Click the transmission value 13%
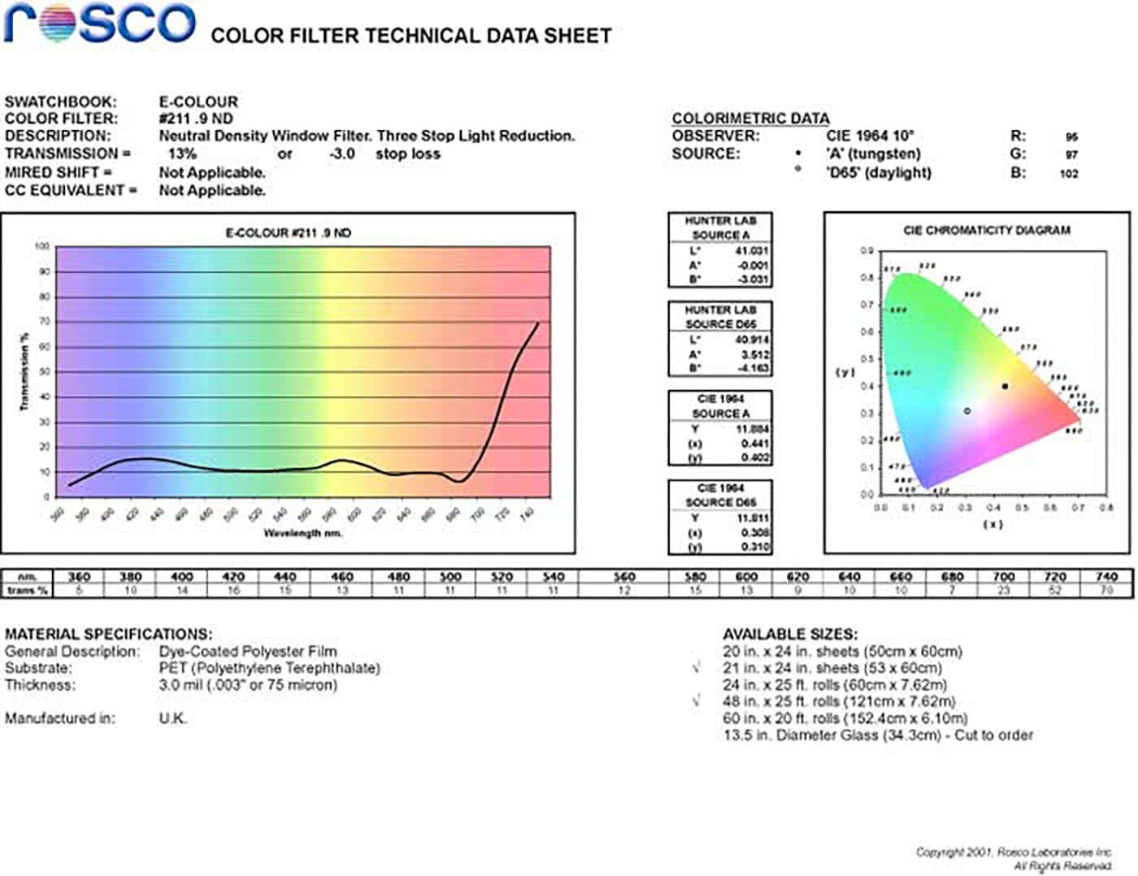pyautogui.click(x=182, y=154)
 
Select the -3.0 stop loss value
pyautogui.click(x=342, y=154)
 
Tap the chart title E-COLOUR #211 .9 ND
pyautogui.click(x=289, y=233)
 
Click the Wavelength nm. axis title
pyautogui.click(x=302, y=533)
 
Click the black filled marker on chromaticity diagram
pyautogui.click(x=1006, y=387)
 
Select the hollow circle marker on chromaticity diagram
pyautogui.click(x=967, y=411)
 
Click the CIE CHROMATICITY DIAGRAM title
pyautogui.click(x=986, y=231)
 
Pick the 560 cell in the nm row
pyautogui.click(x=623, y=576)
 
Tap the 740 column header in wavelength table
pyautogui.click(x=1105, y=576)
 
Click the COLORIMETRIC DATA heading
pyautogui.click(x=750, y=119)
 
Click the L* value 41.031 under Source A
pyautogui.click(x=751, y=251)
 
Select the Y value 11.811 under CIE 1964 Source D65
pyautogui.click(x=753, y=518)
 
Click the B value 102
pyautogui.click(x=1069, y=173)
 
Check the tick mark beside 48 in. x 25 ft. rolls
pyautogui.click(x=697, y=700)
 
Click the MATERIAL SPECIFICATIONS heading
pyautogui.click(x=108, y=634)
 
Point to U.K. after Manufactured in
pyautogui.click(x=173, y=718)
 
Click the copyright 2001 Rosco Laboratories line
pyautogui.click(x=1014, y=852)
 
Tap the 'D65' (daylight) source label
pyautogui.click(x=879, y=172)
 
